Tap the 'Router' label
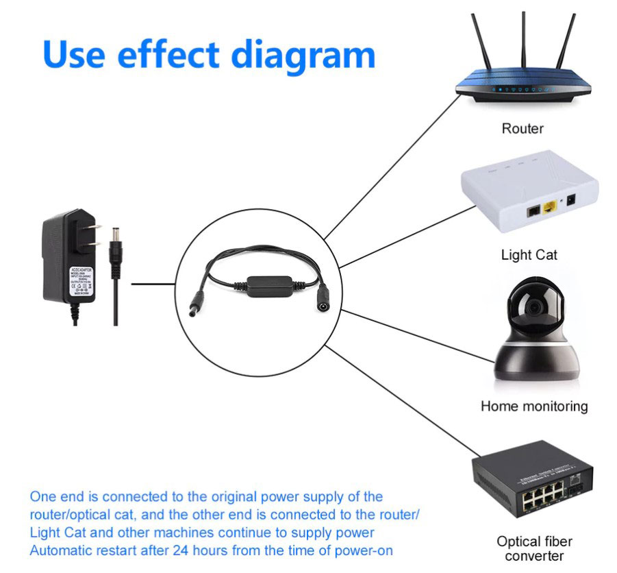click(x=522, y=128)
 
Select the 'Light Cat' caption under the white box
click(x=529, y=254)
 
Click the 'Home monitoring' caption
click(x=533, y=406)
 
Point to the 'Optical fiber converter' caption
click(x=534, y=548)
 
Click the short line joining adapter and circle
click(x=153, y=282)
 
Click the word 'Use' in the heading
click(x=75, y=56)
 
